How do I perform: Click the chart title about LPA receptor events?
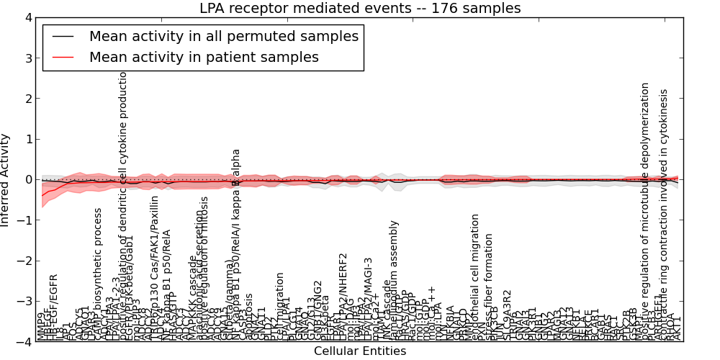click(x=360, y=9)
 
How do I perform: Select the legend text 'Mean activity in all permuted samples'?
click(x=224, y=37)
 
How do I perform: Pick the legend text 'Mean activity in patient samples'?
click(x=204, y=57)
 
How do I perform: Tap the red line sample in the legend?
click(x=64, y=57)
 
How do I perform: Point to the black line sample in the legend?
click(x=64, y=37)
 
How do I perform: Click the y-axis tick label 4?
click(x=28, y=17)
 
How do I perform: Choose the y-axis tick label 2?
click(x=28, y=99)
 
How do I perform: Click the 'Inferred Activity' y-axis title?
click(x=6, y=180)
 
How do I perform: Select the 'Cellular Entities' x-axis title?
click(x=360, y=351)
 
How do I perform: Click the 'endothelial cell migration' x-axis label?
click(x=475, y=276)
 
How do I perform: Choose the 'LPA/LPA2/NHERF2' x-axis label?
click(x=343, y=296)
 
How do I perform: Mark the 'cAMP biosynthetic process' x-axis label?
click(x=99, y=274)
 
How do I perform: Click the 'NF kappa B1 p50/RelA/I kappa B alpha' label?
click(x=236, y=245)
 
